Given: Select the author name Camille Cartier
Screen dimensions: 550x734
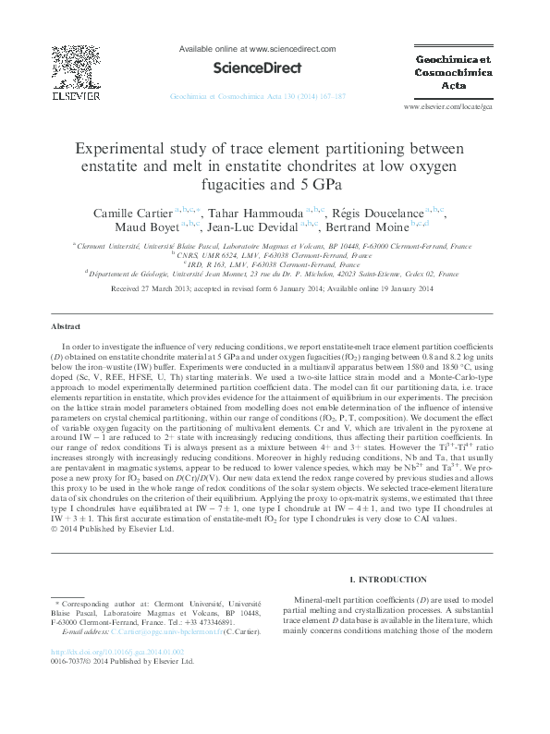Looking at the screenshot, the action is pos(135,214).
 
